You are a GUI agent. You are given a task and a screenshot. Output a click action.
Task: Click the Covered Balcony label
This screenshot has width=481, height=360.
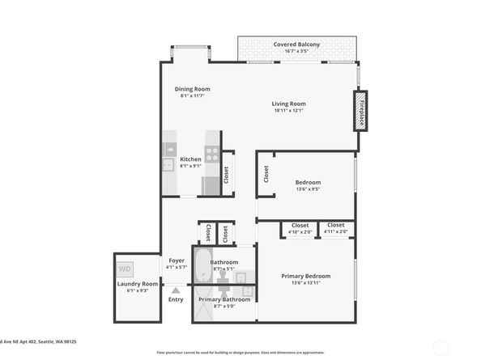tap(296, 44)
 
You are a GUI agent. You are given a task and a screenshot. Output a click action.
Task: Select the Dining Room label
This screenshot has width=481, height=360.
tap(192, 89)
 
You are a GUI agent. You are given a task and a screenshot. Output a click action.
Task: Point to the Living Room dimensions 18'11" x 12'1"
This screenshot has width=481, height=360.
tap(287, 110)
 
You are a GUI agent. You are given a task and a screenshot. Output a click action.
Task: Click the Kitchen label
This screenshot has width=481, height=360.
tap(190, 159)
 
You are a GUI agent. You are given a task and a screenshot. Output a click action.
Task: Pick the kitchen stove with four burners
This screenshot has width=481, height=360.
tap(211, 153)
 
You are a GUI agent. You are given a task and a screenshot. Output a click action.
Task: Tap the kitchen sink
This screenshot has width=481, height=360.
tap(168, 164)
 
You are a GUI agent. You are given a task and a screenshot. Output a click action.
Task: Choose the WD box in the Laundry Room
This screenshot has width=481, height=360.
tap(125, 268)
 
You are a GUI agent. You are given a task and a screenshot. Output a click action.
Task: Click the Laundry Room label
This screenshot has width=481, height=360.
tap(137, 284)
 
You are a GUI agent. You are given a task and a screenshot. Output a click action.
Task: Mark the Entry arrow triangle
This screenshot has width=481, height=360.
tap(176, 289)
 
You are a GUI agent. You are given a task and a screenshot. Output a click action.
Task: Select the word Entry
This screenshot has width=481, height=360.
tap(176, 299)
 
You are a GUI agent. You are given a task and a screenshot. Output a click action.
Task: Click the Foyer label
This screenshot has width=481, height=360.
tap(177, 260)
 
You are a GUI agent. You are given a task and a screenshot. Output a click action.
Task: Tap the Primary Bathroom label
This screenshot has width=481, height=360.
tap(224, 299)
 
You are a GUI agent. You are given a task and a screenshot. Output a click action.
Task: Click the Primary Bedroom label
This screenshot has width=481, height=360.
tap(305, 277)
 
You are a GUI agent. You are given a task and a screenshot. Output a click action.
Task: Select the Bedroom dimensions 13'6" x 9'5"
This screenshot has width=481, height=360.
tap(308, 189)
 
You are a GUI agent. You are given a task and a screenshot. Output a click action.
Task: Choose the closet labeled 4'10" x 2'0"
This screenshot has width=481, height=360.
tap(300, 228)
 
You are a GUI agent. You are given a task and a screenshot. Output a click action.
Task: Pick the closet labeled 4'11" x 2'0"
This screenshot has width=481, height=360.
tap(335, 228)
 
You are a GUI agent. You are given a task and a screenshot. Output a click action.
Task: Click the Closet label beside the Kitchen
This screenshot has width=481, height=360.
tap(226, 174)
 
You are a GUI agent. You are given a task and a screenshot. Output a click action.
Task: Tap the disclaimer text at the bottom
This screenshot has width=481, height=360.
tap(240, 353)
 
